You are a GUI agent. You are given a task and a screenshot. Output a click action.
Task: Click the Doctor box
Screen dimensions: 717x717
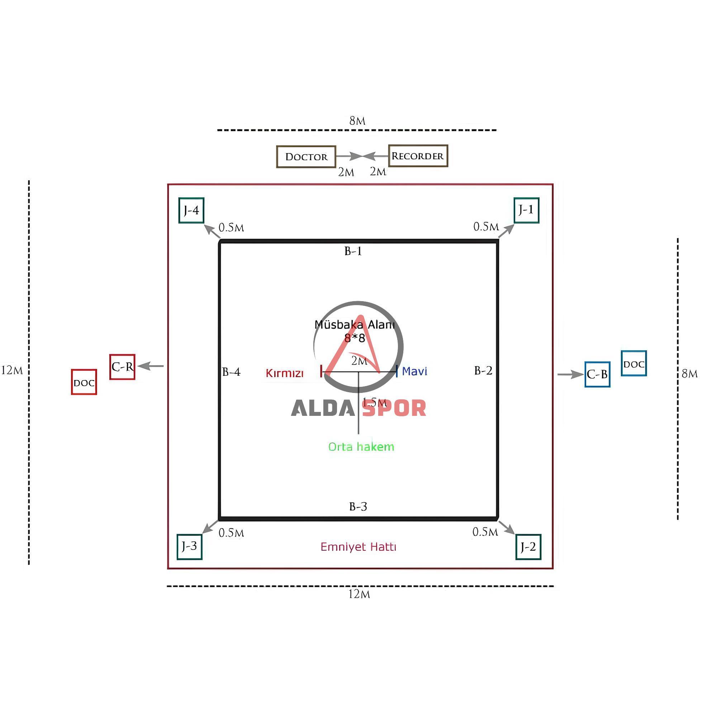pos(306,157)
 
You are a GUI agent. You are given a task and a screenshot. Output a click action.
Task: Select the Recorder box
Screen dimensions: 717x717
pos(418,156)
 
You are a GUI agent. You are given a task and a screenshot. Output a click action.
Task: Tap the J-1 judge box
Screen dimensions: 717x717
pos(526,210)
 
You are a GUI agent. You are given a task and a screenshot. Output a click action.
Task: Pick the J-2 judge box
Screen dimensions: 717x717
pos(528,547)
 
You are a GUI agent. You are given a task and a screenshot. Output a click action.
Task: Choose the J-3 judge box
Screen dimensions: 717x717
pos(189,547)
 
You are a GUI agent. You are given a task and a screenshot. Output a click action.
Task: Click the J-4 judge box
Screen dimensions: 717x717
pos(191,210)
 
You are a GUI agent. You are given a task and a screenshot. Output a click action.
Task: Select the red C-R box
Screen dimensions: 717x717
pos(122,367)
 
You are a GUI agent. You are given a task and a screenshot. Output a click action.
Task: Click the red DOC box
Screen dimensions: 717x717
pos(84,382)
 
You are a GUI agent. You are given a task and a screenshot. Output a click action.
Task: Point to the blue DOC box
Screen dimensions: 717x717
pos(634,363)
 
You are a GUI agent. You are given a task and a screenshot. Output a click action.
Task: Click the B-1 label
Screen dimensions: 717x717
pos(353,251)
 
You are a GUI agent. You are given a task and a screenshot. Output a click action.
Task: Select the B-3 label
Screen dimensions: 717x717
pos(358,507)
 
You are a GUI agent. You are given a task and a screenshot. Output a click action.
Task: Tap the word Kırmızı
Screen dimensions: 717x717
pos(285,373)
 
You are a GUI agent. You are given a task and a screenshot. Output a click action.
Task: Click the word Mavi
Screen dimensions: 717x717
pos(414,371)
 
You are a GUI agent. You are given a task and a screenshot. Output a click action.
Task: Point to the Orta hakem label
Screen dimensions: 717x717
pos(361,446)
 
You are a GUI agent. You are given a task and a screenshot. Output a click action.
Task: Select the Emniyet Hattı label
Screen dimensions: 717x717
pos(358,547)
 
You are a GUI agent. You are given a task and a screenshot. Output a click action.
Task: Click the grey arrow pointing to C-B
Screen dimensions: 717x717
pos(570,375)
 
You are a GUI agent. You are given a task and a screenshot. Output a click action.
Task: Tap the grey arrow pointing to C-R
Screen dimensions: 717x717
pos(150,366)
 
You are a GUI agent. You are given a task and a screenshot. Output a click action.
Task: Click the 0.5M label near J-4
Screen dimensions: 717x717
pos(231,228)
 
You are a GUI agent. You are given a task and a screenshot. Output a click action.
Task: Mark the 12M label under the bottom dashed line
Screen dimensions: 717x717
pos(359,594)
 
